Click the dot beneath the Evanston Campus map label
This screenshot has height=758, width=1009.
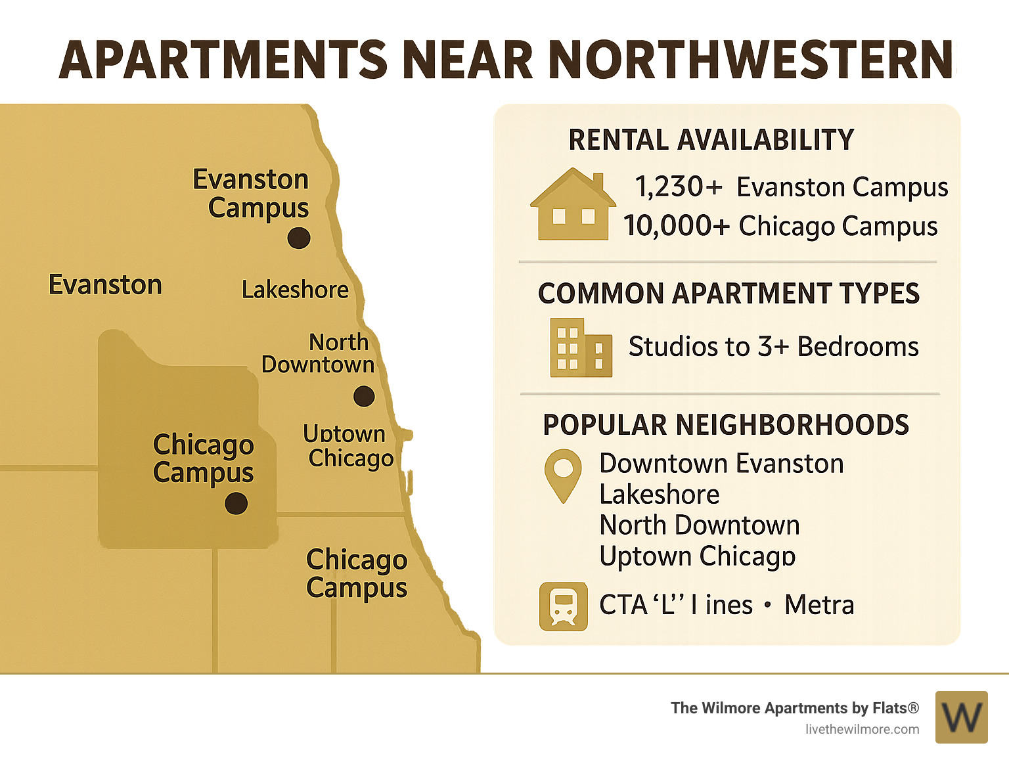pos(299,238)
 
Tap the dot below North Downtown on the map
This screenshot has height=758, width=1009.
pos(364,396)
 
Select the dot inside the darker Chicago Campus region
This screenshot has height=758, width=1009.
pos(236,504)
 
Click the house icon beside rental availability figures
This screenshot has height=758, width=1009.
pos(573,204)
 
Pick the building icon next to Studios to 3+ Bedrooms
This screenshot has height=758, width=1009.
pos(581,347)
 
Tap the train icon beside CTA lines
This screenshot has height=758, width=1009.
pos(563,606)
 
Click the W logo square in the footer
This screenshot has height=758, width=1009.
pos(961,717)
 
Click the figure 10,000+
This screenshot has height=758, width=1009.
pos(677,226)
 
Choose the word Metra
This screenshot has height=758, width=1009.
pos(819,605)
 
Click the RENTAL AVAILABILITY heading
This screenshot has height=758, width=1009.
pos(711,140)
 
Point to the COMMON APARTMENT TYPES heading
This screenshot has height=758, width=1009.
pos(729,294)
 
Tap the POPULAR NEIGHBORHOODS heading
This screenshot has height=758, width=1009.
pos(726,425)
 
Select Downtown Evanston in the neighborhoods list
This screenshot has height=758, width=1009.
pos(721,464)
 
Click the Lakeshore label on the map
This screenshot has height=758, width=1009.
pos(295,290)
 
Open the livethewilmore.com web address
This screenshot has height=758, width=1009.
pos(862,729)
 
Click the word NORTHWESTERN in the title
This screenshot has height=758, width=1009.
pos(751,60)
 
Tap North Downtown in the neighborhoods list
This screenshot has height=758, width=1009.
pos(700,525)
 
